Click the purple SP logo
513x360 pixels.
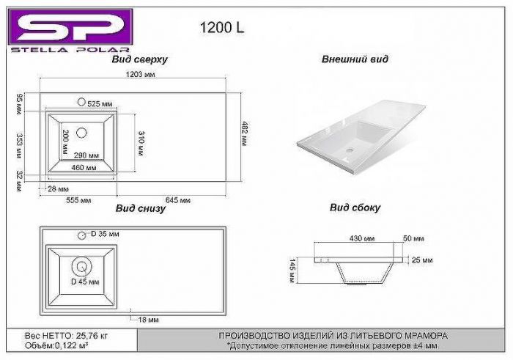coord(70,27)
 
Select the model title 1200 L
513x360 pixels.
coord(222,27)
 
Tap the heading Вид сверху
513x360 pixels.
coord(140,59)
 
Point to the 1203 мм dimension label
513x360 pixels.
coord(141,74)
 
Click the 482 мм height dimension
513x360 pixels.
coord(245,133)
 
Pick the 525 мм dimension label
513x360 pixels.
coord(100,104)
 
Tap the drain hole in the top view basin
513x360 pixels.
coord(81,133)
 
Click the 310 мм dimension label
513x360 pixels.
coord(141,144)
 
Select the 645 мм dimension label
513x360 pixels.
coord(177,200)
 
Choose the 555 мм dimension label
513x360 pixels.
coord(78,200)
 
